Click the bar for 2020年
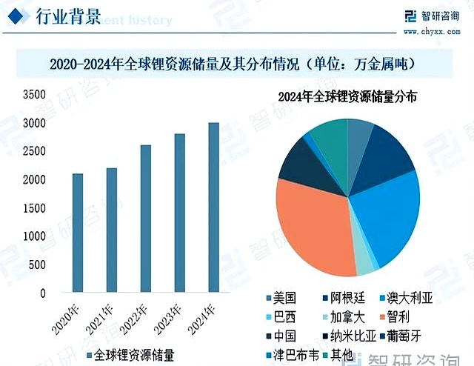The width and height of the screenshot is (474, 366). coord(78,233)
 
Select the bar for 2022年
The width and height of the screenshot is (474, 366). coord(146,219)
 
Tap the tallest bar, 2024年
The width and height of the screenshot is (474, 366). coord(213,207)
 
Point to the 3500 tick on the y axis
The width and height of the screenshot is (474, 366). coord(34,95)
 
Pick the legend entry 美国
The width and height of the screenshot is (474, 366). coord(284,299)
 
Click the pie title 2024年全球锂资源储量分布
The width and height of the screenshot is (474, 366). coord(347,97)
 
